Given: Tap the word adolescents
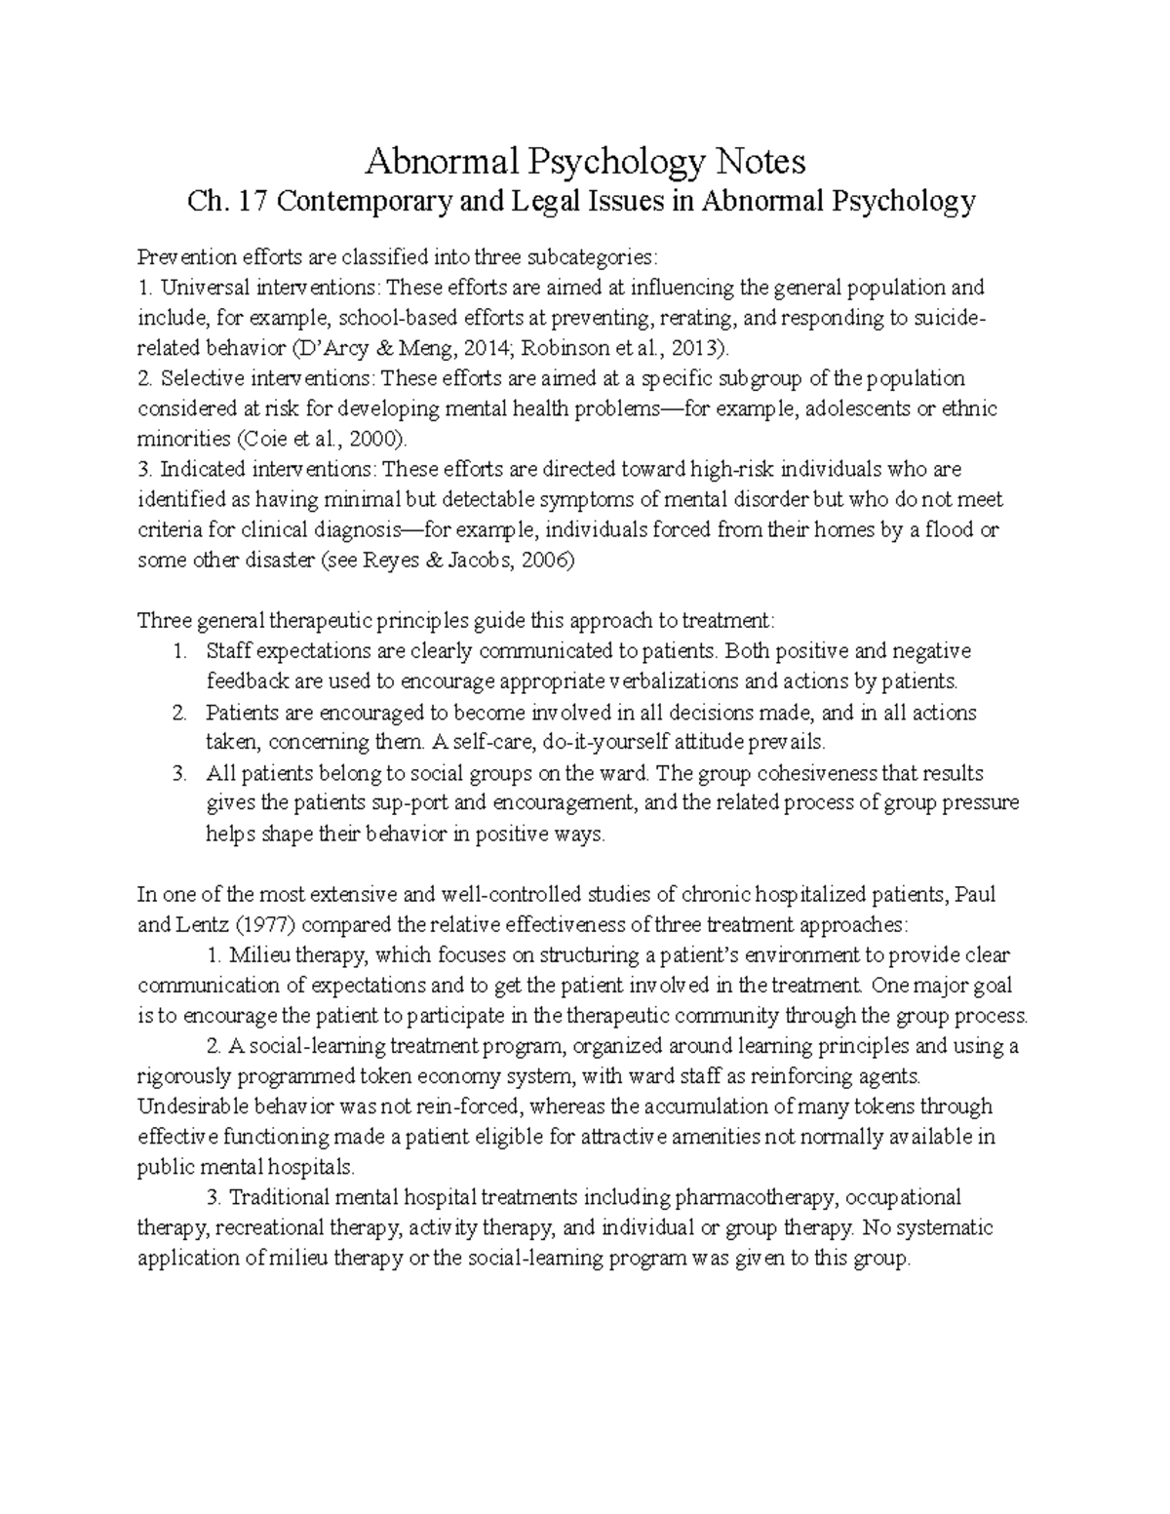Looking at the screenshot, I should [x=855, y=408].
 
